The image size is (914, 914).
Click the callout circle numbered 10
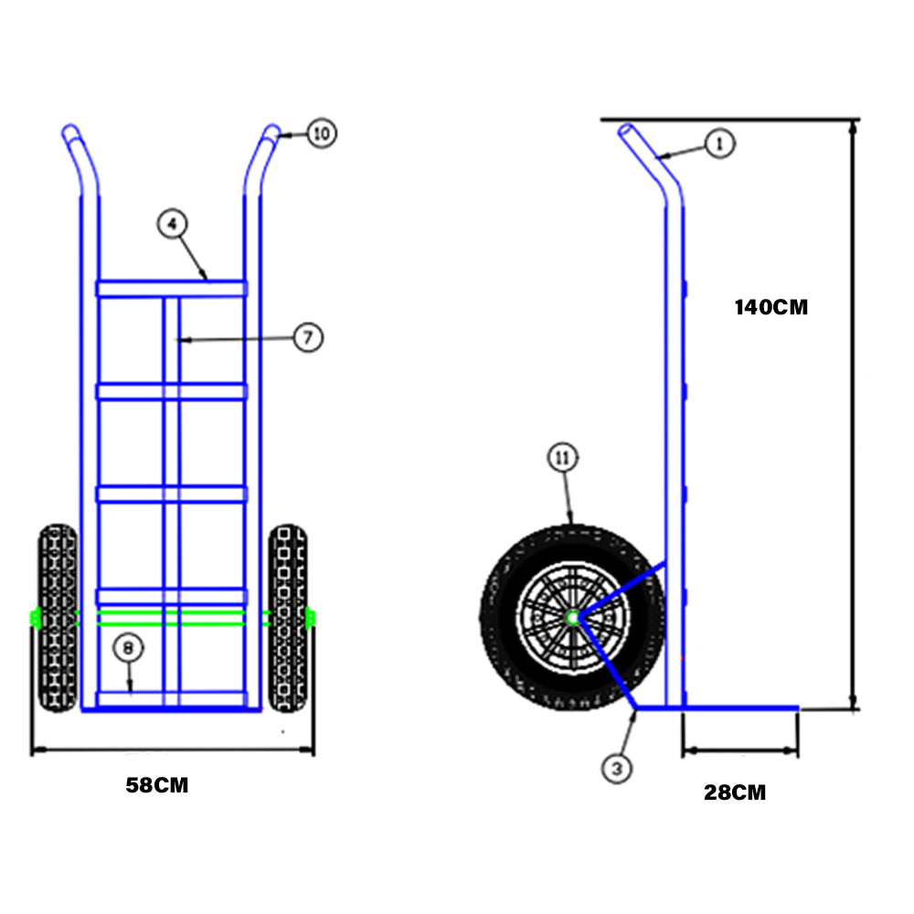coord(321,134)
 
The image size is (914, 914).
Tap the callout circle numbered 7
coord(308,337)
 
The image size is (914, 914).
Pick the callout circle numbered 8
coord(128,648)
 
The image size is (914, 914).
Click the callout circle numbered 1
coord(720,143)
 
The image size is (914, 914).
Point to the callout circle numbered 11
coord(563,459)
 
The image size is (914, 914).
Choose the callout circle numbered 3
coord(618,769)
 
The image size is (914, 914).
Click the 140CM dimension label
coord(771,307)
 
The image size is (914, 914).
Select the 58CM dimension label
coord(157,785)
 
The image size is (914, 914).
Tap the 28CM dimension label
coord(735,792)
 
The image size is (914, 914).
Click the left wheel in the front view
coord(58,618)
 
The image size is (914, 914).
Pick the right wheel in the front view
coord(289,618)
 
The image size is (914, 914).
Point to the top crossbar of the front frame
coord(171,288)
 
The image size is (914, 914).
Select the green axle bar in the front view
coord(171,618)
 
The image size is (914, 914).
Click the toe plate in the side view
coord(731,708)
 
